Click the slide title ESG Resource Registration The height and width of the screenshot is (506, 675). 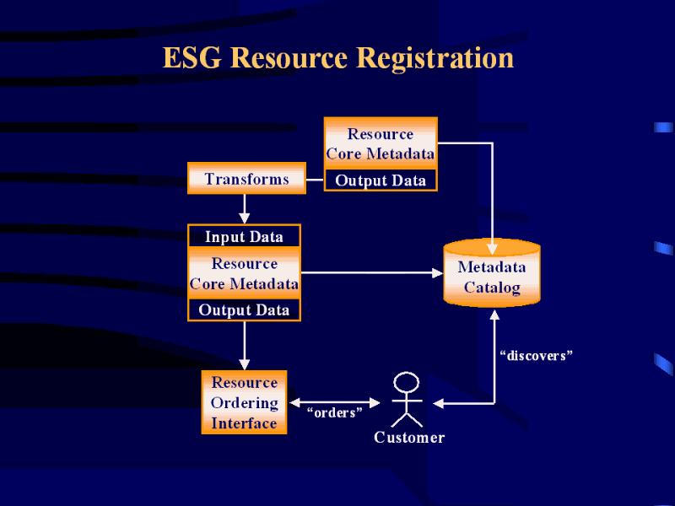click(x=337, y=58)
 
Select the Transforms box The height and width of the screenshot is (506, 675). click(x=246, y=179)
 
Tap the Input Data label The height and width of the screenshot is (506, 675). click(x=244, y=237)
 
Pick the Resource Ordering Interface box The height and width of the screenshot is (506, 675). click(x=244, y=403)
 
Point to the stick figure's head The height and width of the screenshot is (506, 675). click(x=407, y=381)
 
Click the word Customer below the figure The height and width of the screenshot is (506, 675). click(x=409, y=437)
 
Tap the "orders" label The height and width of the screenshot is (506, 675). click(x=335, y=412)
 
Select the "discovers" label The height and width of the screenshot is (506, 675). click(x=536, y=356)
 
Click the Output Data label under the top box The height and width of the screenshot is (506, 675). click(x=381, y=180)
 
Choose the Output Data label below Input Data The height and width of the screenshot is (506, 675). click(x=244, y=310)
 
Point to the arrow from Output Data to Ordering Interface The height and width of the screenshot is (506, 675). click(x=244, y=344)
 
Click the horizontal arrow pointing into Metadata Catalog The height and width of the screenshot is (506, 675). click(x=371, y=272)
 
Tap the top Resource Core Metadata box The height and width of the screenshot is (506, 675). click(x=381, y=143)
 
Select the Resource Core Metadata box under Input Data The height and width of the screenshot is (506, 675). click(x=244, y=273)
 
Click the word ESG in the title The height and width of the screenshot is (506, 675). click(x=192, y=58)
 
